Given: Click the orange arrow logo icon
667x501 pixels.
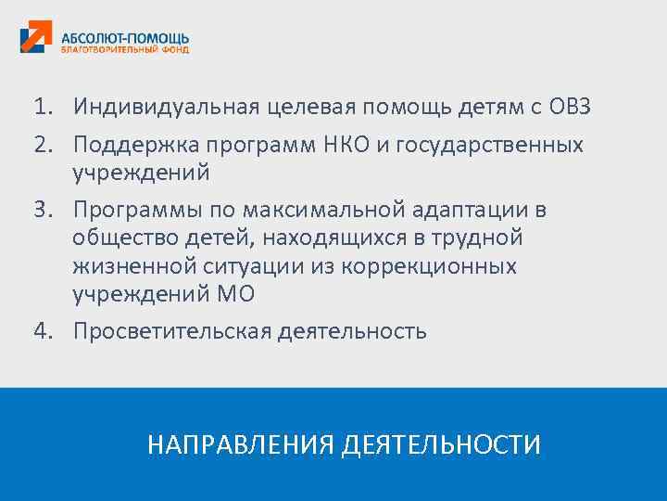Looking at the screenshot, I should [x=36, y=38].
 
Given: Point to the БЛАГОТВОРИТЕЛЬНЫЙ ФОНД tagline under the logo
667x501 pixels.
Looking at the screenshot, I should [x=124, y=50].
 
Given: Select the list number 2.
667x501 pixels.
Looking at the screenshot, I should [x=43, y=145].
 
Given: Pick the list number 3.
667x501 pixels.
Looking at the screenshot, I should [x=43, y=210].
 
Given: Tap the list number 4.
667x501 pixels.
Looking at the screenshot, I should [x=43, y=330].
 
